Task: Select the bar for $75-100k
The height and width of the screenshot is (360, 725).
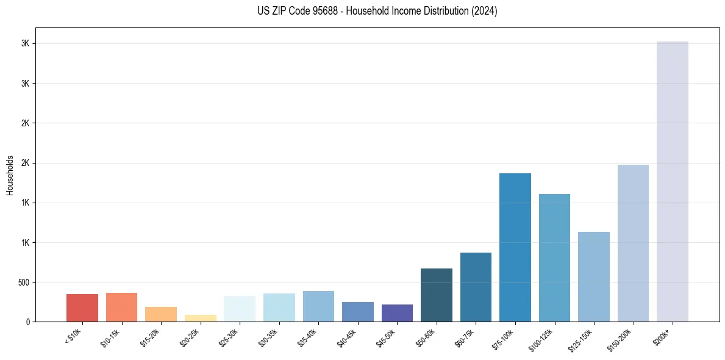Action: click(515, 247)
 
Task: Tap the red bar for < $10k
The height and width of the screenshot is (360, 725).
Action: click(82, 308)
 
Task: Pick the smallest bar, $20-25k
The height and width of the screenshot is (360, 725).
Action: click(200, 318)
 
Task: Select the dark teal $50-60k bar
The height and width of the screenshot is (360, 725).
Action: click(436, 295)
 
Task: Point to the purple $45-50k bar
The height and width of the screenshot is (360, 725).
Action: click(397, 312)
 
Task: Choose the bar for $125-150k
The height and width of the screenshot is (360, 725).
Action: click(593, 276)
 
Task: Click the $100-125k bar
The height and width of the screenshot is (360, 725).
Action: click(554, 257)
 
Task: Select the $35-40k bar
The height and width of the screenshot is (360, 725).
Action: click(318, 306)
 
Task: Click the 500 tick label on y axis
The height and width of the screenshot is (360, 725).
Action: click(23, 283)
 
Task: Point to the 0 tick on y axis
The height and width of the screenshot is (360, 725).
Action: click(27, 322)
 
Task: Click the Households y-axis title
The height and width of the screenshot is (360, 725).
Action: click(10, 175)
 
